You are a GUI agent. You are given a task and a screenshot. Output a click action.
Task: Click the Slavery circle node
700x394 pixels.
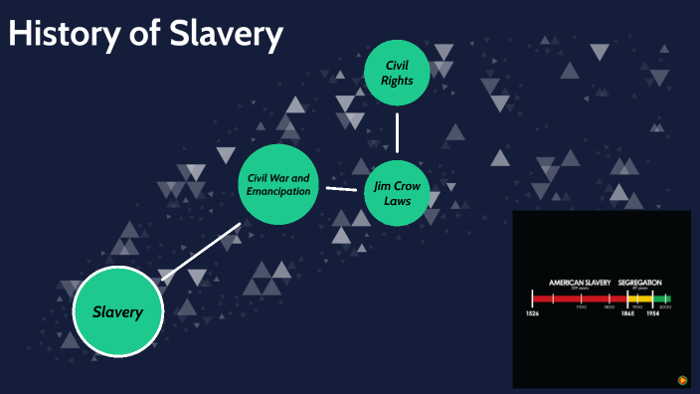(x=118, y=311)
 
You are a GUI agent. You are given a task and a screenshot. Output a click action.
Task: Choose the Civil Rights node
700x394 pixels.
(x=397, y=73)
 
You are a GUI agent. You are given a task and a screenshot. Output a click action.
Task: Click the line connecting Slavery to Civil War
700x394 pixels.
(x=201, y=252)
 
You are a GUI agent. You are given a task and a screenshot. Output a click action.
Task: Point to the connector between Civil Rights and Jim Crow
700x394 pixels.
(x=397, y=131)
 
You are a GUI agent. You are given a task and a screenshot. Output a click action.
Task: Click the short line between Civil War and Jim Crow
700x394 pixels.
(x=342, y=187)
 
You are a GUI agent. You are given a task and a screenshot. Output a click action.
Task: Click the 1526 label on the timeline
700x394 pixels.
(x=533, y=313)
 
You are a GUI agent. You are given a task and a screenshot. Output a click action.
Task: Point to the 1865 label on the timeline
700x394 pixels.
(x=627, y=313)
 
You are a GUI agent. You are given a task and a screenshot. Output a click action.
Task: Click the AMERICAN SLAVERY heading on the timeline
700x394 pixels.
(x=580, y=283)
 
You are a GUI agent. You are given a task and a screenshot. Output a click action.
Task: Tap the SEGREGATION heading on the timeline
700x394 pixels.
(x=639, y=283)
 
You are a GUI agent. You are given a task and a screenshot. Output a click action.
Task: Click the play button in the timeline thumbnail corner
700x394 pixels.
(x=682, y=379)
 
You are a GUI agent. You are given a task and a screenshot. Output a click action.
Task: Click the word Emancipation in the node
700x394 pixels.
(x=280, y=191)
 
